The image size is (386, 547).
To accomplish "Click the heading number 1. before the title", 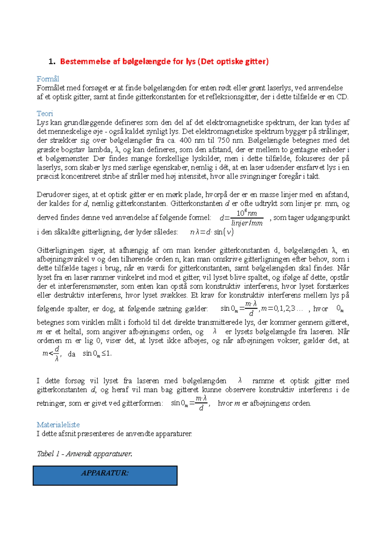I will [x=52, y=62].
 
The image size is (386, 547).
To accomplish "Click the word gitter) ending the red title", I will [x=257, y=62].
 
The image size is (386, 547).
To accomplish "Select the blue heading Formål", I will [x=48, y=79].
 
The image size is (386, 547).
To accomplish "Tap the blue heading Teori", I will [x=45, y=113].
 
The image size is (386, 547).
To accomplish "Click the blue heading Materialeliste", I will [x=58, y=425].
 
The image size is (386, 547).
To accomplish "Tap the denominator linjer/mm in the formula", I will [x=247, y=223].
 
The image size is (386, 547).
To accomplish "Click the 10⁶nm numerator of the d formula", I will [x=247, y=213].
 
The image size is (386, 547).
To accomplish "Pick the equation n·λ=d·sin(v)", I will [x=212, y=232].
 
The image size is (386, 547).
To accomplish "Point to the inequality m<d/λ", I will [x=51, y=354].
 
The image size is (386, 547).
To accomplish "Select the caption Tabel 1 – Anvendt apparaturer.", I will [x=84, y=454].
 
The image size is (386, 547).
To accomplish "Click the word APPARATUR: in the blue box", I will [x=105, y=473].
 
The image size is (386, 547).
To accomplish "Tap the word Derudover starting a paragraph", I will [x=52, y=195].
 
